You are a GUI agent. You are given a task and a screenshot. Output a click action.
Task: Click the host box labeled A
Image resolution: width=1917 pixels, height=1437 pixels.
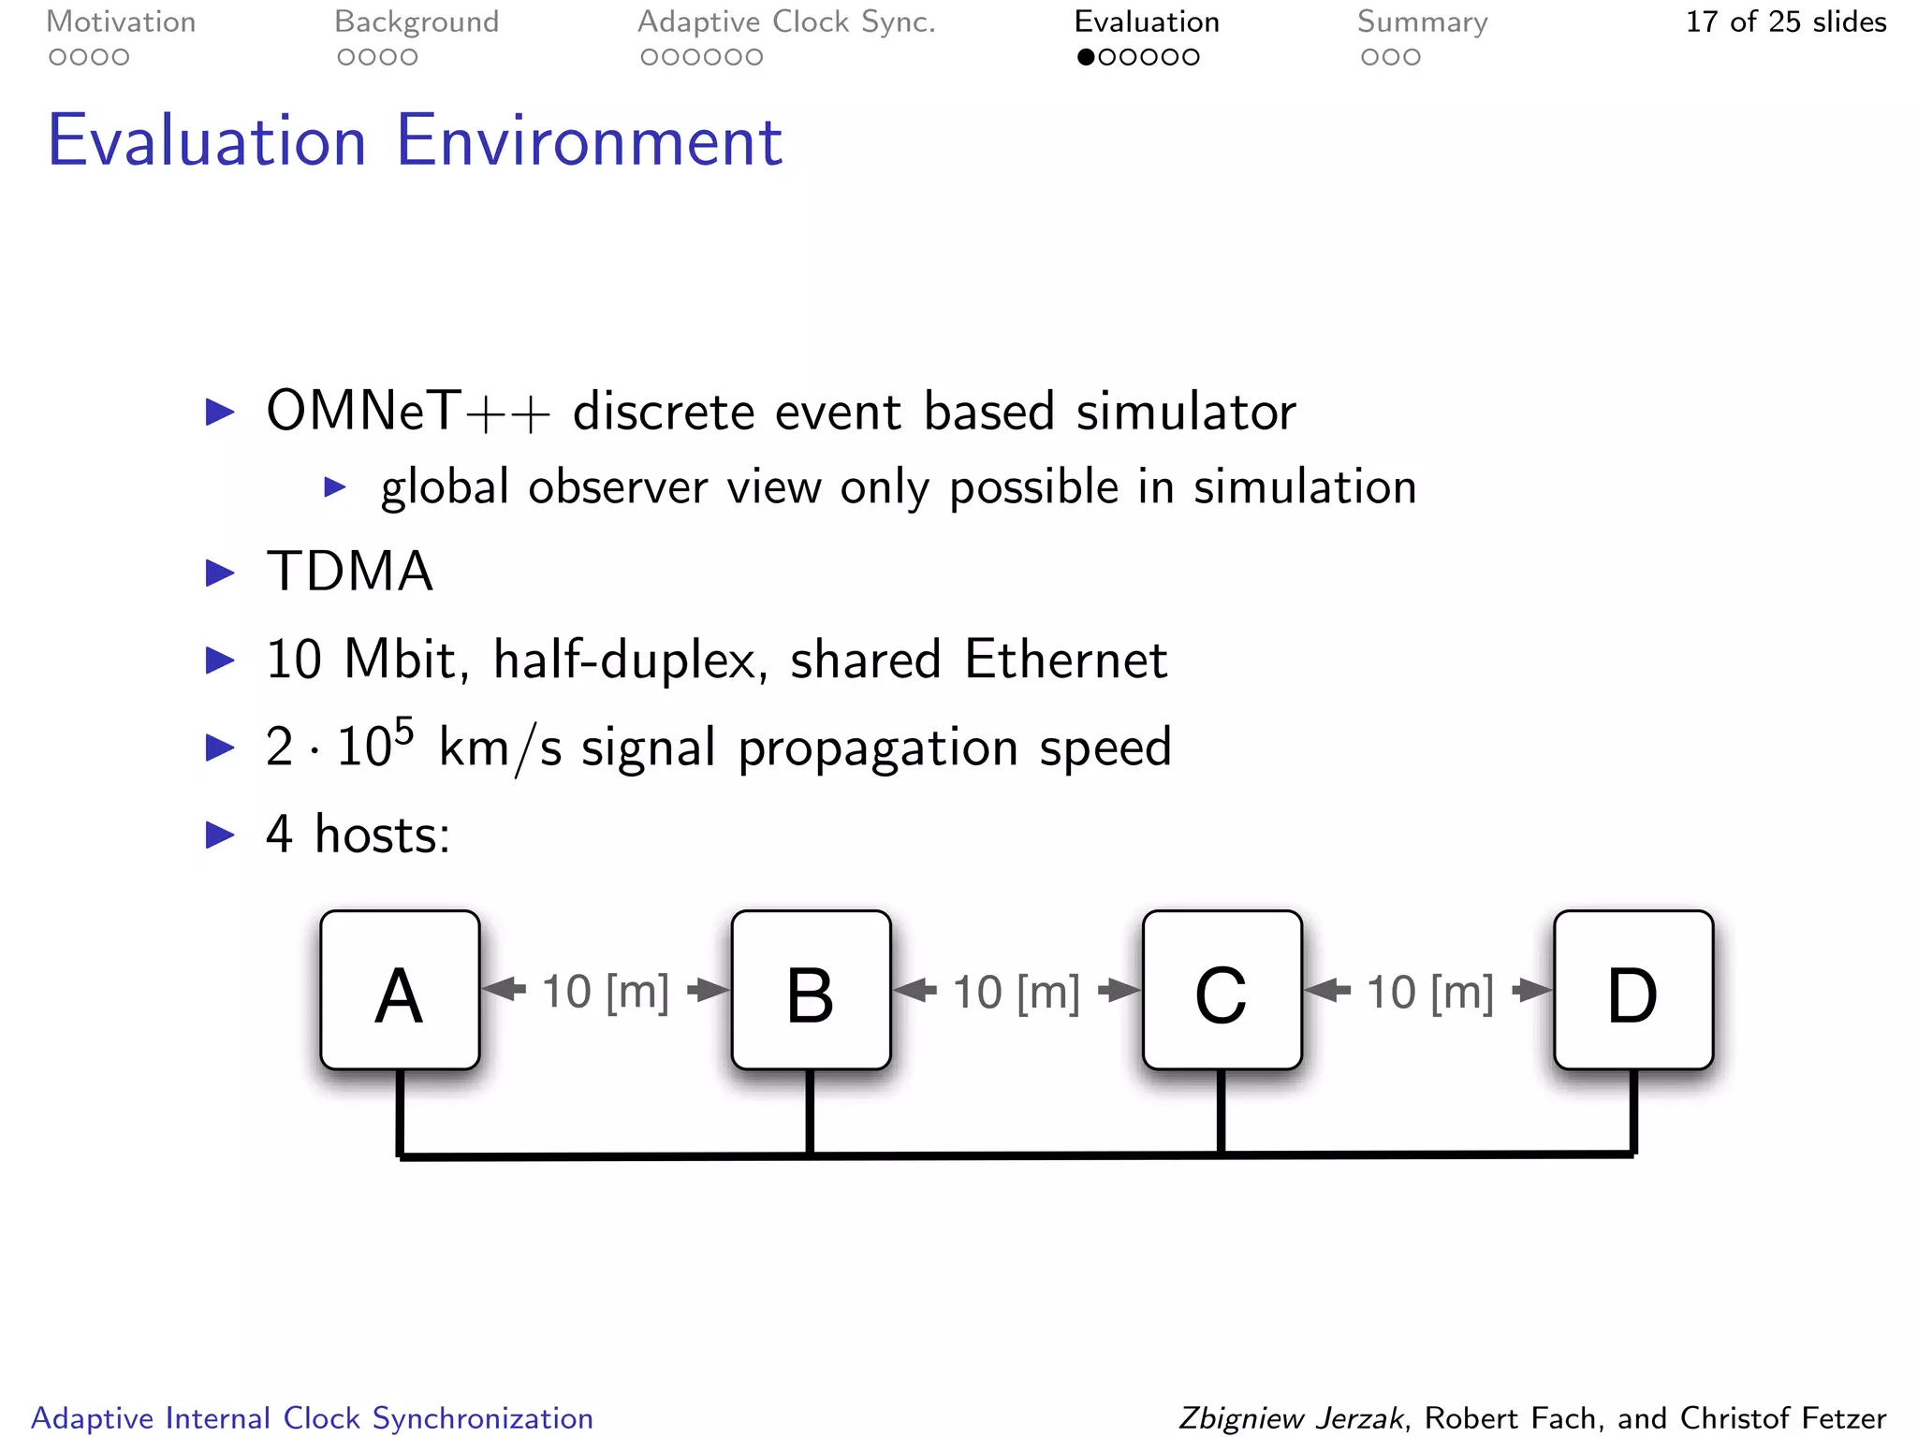(x=400, y=990)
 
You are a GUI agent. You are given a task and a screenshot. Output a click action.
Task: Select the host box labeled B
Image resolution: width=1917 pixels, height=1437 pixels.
(x=811, y=990)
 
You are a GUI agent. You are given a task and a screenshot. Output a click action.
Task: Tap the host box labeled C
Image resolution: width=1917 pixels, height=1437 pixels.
(x=1222, y=990)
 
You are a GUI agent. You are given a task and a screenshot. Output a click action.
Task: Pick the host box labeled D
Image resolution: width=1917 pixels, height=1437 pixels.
(x=1633, y=990)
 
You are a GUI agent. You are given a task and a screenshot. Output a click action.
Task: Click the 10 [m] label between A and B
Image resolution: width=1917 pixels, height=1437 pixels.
(x=606, y=991)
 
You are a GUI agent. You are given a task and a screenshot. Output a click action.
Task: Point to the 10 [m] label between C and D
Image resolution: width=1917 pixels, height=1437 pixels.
(x=1429, y=992)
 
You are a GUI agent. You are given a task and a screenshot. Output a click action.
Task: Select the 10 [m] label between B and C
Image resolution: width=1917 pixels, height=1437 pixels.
(x=1017, y=992)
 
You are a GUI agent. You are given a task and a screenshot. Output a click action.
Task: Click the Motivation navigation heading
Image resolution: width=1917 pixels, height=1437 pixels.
(x=121, y=22)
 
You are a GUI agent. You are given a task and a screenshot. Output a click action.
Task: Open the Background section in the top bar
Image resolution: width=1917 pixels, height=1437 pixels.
(x=417, y=22)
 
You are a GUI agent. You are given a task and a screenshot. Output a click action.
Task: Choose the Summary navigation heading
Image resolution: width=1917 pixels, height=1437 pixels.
(x=1422, y=22)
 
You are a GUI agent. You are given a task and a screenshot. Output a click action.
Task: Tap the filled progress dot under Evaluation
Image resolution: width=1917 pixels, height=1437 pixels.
(x=1086, y=57)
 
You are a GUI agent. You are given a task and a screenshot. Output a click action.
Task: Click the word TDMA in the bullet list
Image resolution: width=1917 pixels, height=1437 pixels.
(x=350, y=571)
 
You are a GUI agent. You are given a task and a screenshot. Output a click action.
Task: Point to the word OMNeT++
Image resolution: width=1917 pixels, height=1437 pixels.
(x=408, y=411)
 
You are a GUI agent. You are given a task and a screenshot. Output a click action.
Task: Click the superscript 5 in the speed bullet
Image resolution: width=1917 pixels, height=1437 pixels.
(x=403, y=730)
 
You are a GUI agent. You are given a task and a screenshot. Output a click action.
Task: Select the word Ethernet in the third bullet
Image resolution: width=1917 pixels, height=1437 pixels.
(x=1066, y=659)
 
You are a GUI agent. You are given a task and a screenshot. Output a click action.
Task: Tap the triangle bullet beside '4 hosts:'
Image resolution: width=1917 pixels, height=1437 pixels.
(x=220, y=834)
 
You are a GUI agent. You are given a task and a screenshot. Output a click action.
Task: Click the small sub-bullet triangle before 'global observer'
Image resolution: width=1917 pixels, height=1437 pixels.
(x=335, y=486)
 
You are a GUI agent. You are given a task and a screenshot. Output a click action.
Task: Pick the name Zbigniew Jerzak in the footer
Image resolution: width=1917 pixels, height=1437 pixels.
(x=1291, y=1417)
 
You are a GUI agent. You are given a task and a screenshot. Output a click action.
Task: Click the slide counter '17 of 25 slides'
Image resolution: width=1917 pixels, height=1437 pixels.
(x=1785, y=22)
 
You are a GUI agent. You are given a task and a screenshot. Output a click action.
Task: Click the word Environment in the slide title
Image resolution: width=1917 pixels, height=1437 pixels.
(x=589, y=140)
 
